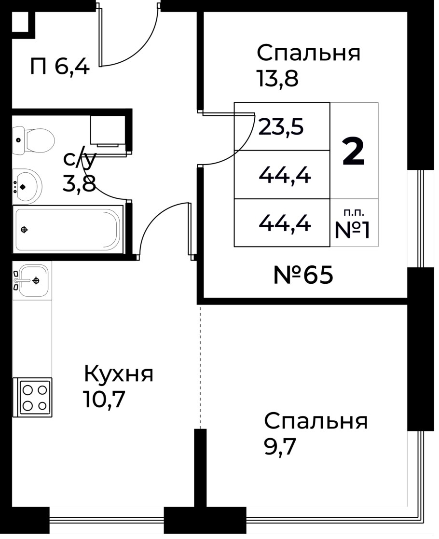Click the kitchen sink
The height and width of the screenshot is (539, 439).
[x=32, y=279]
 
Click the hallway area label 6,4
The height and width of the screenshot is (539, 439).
[x=72, y=67]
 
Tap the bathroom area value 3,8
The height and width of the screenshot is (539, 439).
[x=79, y=183]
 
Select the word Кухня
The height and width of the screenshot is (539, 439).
[x=119, y=374]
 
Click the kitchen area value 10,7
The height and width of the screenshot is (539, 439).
[x=104, y=399]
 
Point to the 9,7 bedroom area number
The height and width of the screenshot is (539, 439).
[x=279, y=448]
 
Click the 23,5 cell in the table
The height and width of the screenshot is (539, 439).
[x=281, y=127]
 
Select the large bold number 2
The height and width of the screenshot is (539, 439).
[x=354, y=151]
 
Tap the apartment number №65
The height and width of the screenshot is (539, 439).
[x=303, y=276]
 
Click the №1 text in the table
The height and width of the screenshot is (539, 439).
[x=353, y=230]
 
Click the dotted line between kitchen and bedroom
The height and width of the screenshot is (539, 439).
[x=200, y=367]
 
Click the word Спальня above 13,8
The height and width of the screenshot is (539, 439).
[x=309, y=53]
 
